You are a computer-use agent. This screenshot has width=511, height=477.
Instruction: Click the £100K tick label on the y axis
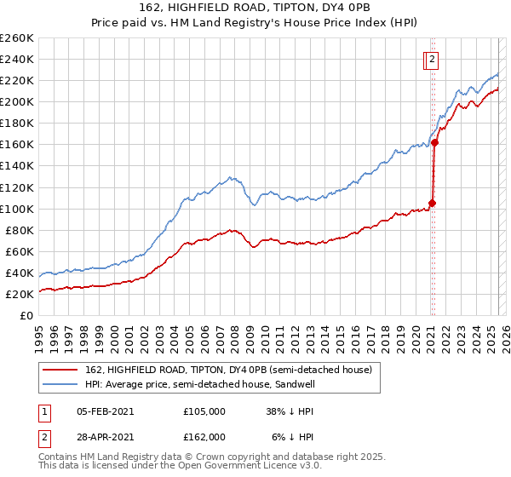[16, 209]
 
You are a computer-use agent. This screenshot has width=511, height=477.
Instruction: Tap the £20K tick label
[19, 294]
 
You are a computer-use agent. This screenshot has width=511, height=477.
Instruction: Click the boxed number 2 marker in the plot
[432, 60]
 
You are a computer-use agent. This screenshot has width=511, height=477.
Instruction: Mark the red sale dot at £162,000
[434, 142]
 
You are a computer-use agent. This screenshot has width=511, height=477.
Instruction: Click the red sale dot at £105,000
[432, 203]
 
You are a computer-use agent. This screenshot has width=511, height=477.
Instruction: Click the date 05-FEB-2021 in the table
[105, 411]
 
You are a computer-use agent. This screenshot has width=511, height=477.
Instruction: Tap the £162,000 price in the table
[204, 436]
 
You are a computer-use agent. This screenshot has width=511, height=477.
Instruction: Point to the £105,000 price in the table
[204, 411]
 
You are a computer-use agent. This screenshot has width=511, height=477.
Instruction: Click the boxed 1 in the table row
[43, 411]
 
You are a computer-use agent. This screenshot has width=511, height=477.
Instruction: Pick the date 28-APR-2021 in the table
[105, 436]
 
